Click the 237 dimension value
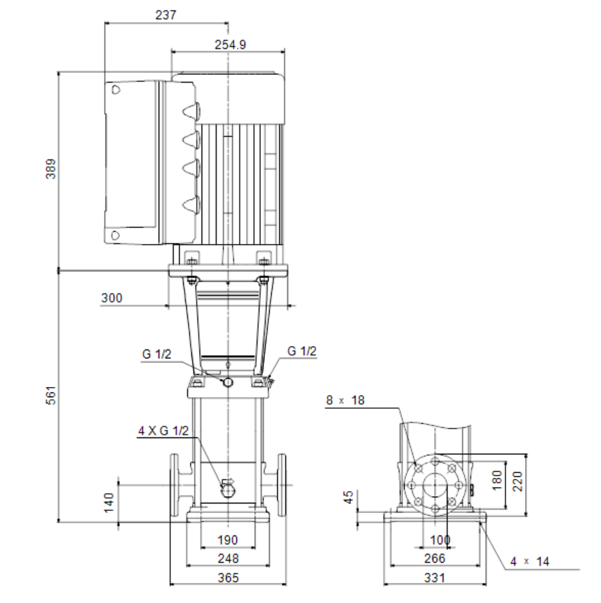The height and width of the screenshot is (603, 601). [x=166, y=15]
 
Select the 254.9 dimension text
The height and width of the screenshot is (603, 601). [x=230, y=44]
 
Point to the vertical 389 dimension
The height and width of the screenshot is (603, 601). [x=50, y=169]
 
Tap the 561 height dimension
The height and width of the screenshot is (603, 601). [x=50, y=395]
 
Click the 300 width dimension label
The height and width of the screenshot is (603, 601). [x=112, y=298]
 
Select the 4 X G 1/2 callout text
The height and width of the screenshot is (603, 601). [x=164, y=431]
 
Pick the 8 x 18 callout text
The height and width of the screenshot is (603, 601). [x=345, y=401]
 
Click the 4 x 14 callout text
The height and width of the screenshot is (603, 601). [x=530, y=561]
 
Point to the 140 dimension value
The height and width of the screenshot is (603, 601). [x=109, y=503]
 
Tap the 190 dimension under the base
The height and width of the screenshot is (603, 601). [x=228, y=540]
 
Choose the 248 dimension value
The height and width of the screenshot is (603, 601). [x=228, y=559]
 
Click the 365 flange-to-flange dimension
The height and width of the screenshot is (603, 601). [x=228, y=578]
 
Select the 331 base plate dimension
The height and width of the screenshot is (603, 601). [x=435, y=578]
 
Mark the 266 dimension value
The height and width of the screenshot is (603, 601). [x=435, y=559]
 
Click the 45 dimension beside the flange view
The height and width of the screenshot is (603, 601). [x=348, y=497]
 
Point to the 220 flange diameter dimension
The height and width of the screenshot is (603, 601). [x=518, y=481]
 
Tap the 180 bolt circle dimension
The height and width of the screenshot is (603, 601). [x=497, y=480]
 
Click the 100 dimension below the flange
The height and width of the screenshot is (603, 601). [x=440, y=540]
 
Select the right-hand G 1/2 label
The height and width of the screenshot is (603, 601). [x=302, y=351]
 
